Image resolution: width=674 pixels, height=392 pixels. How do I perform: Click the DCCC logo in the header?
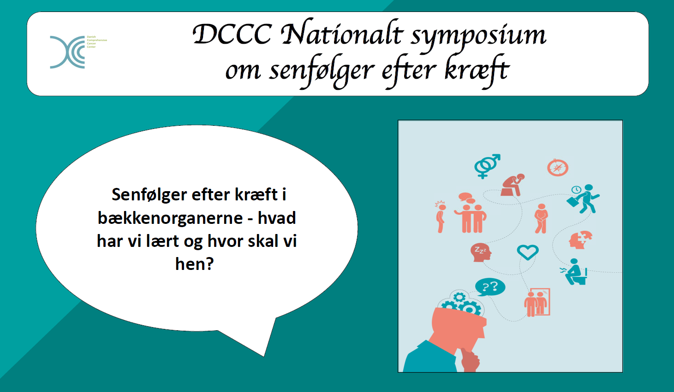point(68,52)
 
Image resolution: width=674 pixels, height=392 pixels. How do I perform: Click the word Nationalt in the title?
point(342,35)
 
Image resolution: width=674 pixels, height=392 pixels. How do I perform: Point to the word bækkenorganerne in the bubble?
point(170,218)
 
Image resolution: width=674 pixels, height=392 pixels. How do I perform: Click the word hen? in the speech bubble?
point(194,264)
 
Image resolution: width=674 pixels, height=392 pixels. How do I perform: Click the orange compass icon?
point(557,168)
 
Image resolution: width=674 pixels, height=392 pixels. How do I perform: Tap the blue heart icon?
point(528,252)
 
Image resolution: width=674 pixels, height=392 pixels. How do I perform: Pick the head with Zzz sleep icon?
point(480,252)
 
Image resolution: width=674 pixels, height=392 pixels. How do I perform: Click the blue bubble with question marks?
point(490,287)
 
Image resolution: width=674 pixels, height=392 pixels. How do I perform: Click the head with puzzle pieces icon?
point(580,240)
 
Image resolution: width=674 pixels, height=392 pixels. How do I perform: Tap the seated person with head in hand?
point(513,185)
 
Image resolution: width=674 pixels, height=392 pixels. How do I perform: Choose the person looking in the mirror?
point(537,303)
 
